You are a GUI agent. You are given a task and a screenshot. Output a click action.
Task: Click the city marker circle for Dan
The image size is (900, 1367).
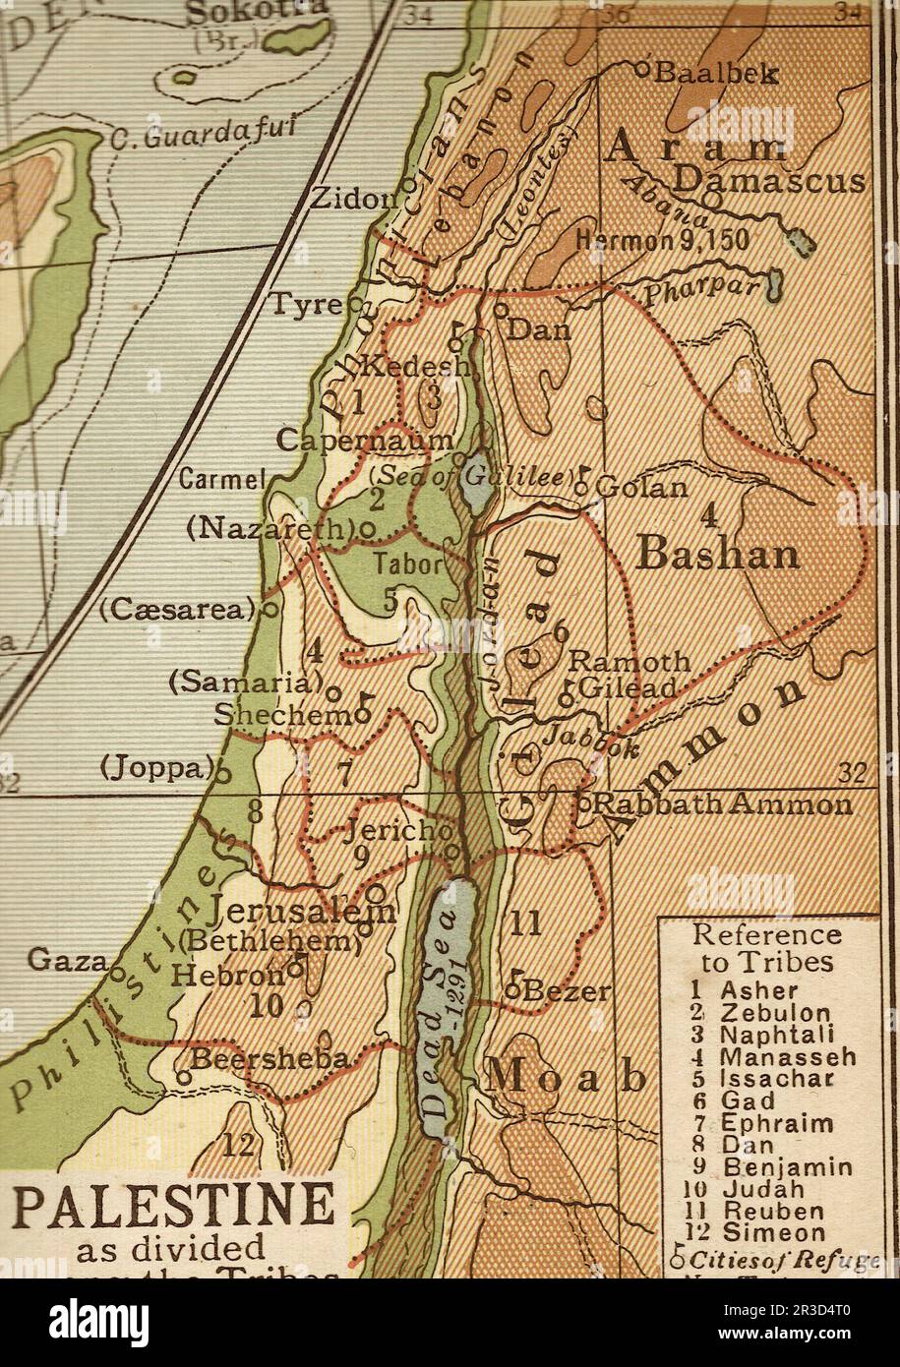[501, 309]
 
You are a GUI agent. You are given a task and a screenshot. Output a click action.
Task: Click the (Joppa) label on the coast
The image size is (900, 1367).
[157, 767]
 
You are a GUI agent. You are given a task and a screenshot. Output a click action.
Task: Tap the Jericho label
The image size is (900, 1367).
[392, 832]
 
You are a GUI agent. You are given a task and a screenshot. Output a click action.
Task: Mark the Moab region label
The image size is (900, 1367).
[567, 1077]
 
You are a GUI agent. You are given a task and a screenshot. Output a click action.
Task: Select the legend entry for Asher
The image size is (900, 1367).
[758, 991]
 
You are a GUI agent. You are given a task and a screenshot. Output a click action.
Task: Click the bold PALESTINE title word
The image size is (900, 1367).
[172, 1207]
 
